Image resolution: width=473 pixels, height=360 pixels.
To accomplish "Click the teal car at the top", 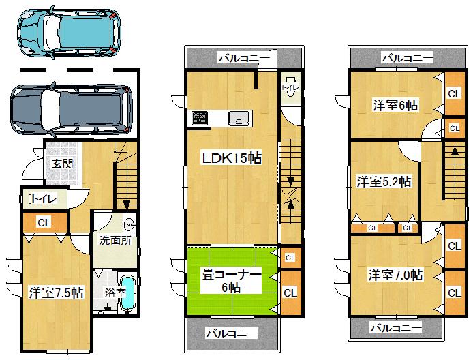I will (71, 32).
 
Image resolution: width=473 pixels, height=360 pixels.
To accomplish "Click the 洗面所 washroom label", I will (107, 241).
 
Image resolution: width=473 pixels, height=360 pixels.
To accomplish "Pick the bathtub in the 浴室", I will (127, 294).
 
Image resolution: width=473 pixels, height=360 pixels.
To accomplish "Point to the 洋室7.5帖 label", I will (56, 292).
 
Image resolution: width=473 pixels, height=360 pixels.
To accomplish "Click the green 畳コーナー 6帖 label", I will (231, 280).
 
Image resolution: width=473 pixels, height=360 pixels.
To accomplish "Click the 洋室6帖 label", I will (395, 105).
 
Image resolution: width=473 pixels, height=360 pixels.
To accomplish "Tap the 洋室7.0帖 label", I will (395, 275).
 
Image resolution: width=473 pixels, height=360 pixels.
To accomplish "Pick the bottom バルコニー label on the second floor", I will (232, 333).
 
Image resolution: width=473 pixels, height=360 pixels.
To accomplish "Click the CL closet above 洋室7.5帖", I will (43, 222).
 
